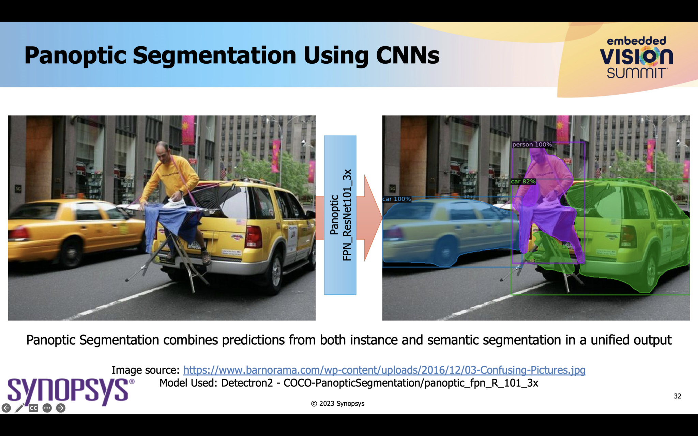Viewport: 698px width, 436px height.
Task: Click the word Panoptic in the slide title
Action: tap(75, 56)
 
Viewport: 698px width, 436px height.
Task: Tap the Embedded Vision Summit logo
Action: tap(636, 57)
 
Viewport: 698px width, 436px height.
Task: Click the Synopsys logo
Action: tap(68, 390)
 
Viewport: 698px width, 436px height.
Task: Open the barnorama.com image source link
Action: tap(384, 370)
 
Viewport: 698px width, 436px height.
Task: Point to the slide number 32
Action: tap(678, 396)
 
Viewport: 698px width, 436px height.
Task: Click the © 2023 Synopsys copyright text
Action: tap(337, 404)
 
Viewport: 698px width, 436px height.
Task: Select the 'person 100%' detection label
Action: tap(532, 145)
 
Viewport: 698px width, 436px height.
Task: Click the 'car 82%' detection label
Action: tap(523, 182)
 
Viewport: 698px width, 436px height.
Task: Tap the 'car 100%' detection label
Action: tap(396, 199)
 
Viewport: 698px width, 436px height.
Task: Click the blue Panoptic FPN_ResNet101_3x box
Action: tap(340, 215)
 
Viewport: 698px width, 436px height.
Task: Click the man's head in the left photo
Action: tap(162, 150)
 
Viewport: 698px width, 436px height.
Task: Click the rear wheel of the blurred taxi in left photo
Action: tap(71, 252)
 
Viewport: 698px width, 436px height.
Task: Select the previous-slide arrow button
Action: tap(6, 408)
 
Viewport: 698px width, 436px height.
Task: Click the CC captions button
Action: tap(33, 408)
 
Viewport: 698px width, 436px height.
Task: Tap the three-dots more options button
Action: tap(47, 408)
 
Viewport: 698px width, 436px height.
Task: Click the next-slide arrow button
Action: tap(61, 408)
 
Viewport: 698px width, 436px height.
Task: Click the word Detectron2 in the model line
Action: tap(247, 383)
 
